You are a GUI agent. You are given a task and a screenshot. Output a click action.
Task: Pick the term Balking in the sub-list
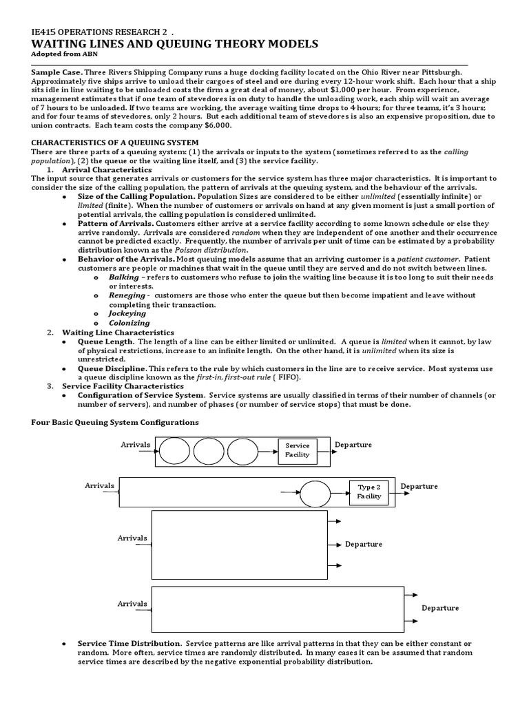[x=123, y=276]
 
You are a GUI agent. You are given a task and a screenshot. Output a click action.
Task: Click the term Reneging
[x=127, y=295]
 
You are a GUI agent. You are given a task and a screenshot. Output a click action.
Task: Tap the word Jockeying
[x=127, y=313]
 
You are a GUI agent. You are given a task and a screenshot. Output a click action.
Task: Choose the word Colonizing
[x=129, y=322]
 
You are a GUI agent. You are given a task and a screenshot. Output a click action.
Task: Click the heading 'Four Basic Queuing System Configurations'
[x=116, y=422]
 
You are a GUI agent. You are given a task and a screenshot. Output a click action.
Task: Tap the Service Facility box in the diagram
[x=298, y=450]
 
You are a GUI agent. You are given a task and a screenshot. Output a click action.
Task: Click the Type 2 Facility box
[x=369, y=492]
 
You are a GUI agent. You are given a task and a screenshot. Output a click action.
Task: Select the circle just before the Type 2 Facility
[x=315, y=493]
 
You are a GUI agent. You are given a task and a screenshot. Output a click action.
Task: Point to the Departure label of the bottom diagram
[x=440, y=608]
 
